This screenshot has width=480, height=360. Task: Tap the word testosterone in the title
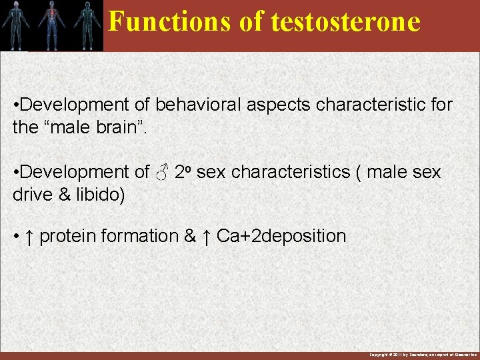click(345, 21)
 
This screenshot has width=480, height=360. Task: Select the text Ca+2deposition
click(281, 236)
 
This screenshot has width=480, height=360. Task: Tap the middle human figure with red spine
click(51, 24)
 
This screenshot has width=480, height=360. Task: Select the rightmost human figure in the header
click(85, 24)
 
